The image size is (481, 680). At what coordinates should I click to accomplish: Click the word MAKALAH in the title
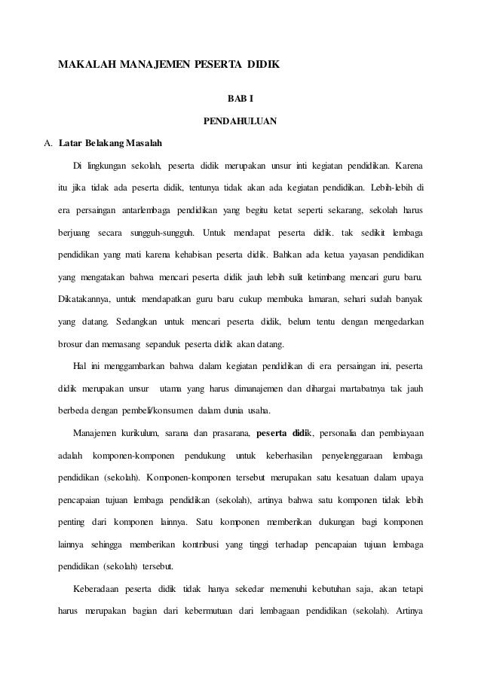click(85, 66)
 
